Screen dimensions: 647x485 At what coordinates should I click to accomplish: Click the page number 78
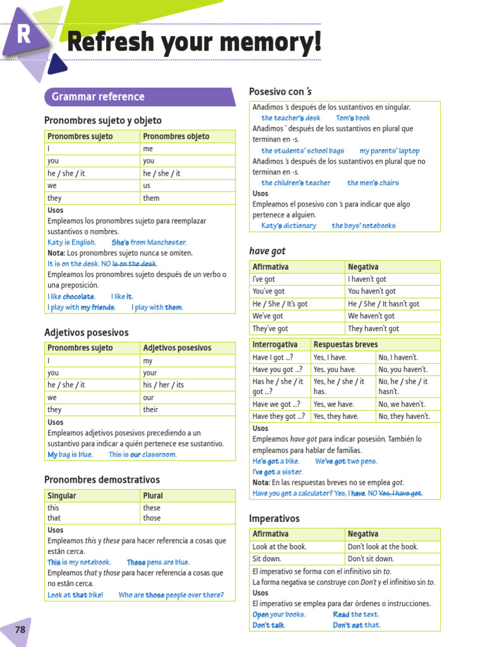[x=20, y=630]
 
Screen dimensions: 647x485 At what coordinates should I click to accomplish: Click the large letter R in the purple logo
[x=23, y=35]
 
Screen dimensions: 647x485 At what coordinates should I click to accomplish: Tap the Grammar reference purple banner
[x=98, y=97]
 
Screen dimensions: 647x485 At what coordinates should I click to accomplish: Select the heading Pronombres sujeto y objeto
[x=103, y=120]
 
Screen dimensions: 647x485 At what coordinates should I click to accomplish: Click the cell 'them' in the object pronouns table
[x=152, y=198]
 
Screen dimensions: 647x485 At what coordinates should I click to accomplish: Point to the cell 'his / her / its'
[x=164, y=385]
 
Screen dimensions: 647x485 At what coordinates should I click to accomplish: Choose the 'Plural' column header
[x=153, y=496]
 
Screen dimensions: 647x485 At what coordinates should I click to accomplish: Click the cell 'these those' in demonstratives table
[x=152, y=513]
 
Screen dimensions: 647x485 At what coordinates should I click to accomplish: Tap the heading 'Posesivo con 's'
[x=280, y=92]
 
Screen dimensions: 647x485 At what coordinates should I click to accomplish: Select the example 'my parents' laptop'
[x=389, y=151]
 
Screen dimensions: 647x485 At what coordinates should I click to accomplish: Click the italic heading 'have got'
[x=267, y=251]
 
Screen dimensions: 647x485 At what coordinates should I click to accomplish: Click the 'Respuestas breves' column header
[x=345, y=344]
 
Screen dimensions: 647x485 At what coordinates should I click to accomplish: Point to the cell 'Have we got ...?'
[x=276, y=404]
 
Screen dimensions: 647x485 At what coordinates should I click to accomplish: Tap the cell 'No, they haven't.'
[x=404, y=416]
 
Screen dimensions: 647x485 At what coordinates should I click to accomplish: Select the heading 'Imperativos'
[x=274, y=519]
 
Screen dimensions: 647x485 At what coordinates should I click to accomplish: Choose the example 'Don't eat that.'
[x=357, y=626]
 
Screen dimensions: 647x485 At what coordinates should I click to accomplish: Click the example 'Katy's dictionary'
[x=288, y=226]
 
